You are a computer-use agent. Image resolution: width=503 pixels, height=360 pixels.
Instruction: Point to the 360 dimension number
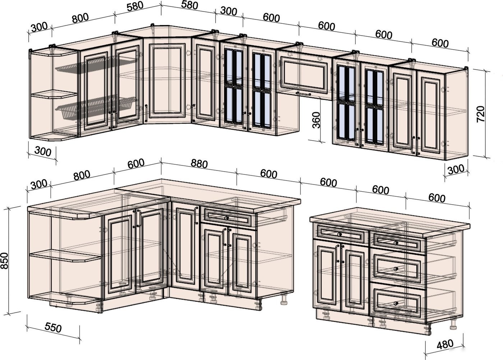pyautogui.click(x=316, y=120)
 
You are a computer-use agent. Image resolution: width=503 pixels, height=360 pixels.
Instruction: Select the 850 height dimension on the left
pyautogui.click(x=4, y=261)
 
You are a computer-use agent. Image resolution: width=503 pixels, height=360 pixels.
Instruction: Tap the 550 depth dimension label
pyautogui.click(x=53, y=327)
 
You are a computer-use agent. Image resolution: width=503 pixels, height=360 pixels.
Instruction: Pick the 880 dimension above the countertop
pyautogui.click(x=199, y=164)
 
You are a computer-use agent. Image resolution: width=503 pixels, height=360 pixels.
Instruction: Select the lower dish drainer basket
pyautogui.click(x=96, y=107)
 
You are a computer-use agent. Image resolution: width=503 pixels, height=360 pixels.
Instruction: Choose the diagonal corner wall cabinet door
pyautogui.click(x=167, y=81)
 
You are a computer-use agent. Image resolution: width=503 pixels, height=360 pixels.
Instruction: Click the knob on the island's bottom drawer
pyautogui.click(x=396, y=304)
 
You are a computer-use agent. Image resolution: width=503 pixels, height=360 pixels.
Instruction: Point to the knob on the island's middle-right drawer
pyautogui.click(x=396, y=269)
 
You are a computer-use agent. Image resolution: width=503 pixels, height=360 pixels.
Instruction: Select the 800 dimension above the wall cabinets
pyautogui.click(x=80, y=18)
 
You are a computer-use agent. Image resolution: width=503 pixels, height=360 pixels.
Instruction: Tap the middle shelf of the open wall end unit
pyautogui.click(x=54, y=94)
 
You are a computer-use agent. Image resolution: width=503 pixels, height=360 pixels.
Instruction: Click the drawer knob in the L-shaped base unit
pyautogui.click(x=226, y=218)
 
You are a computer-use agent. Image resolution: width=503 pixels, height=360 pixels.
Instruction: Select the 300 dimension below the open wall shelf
pyautogui.click(x=43, y=151)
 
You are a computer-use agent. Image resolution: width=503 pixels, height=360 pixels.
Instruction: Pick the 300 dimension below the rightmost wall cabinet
pyautogui.click(x=456, y=169)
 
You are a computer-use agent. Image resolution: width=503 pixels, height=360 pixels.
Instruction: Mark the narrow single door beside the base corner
pyautogui.click(x=185, y=245)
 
